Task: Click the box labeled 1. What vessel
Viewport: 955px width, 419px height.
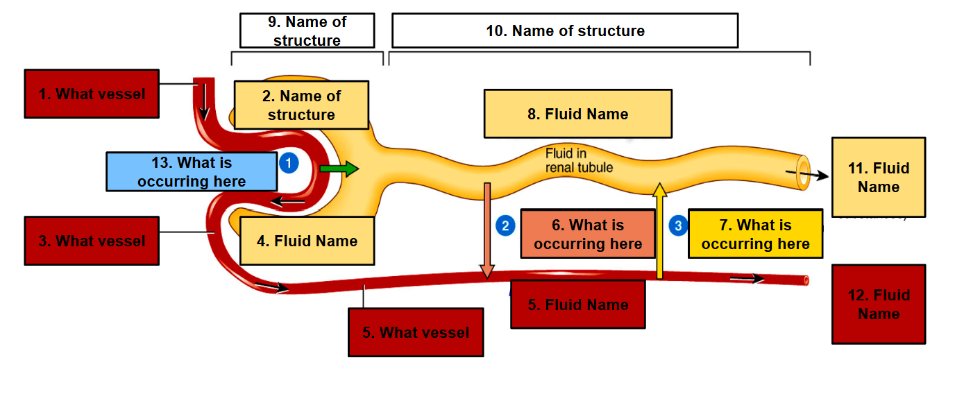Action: coord(92,94)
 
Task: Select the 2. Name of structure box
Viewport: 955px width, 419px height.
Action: coord(301,105)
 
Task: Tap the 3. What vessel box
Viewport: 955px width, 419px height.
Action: coord(92,241)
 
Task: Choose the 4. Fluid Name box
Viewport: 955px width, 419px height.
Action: coord(307,241)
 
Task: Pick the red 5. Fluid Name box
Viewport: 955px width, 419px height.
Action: coord(577,305)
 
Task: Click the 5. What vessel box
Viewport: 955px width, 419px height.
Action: coord(416,333)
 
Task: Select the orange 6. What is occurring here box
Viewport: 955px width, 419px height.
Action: coord(587,234)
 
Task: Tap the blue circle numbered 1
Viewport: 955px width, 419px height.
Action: coord(288,163)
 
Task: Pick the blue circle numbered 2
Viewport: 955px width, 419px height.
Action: coord(505,225)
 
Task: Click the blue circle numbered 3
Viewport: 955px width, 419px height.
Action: coord(678,225)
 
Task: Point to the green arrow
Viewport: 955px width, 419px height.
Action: coord(339,169)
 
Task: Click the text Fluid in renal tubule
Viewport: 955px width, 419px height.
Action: coord(579,160)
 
